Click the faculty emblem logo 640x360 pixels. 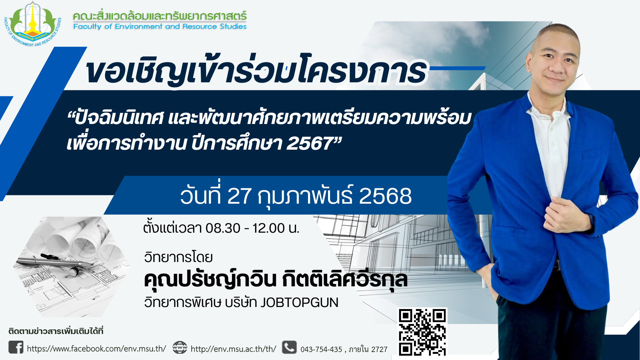click(x=33, y=24)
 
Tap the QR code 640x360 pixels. click(x=422, y=332)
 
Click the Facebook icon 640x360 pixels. click(x=16, y=347)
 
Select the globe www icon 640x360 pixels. click(x=180, y=348)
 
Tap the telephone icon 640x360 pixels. click(x=289, y=347)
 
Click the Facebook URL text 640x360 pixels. click(x=96, y=349)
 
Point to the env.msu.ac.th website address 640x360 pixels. click(x=233, y=349)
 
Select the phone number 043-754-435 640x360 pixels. click(x=321, y=349)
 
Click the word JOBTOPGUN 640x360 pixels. click(x=299, y=302)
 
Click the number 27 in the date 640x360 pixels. click(x=239, y=196)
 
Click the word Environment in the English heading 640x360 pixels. click(x=138, y=26)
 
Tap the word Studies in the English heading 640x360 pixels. click(x=233, y=26)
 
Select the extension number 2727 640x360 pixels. click(x=379, y=349)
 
